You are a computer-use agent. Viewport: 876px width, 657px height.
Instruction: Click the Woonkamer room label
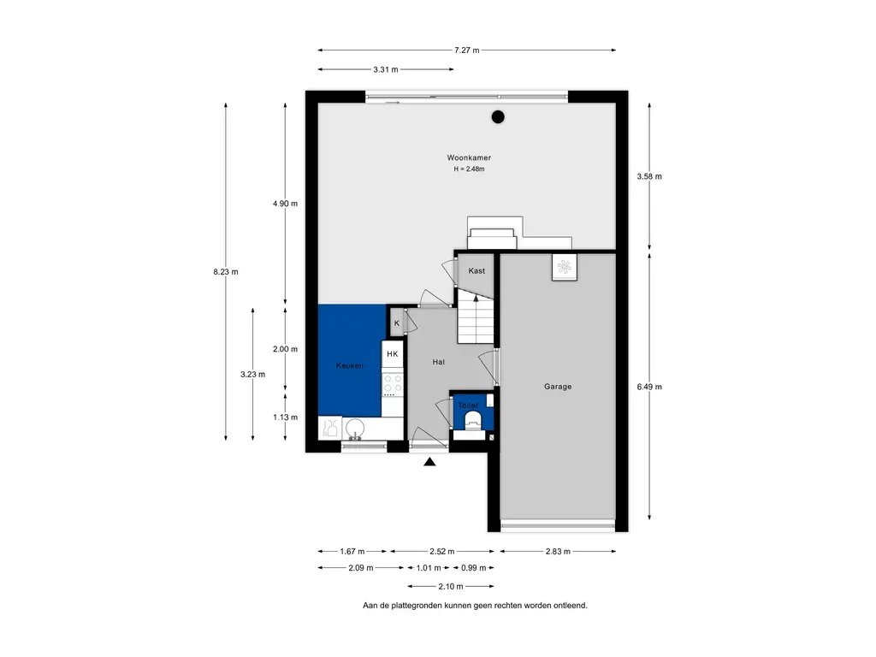tap(469, 158)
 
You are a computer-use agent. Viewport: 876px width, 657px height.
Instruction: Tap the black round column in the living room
tap(498, 116)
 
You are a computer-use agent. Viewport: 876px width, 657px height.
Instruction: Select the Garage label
tap(558, 387)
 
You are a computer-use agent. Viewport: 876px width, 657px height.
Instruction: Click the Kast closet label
tap(476, 271)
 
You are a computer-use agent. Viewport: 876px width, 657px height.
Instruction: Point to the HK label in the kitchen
tap(392, 353)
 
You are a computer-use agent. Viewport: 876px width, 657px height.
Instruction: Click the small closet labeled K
tap(397, 323)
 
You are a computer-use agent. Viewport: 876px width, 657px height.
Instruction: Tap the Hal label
tap(439, 362)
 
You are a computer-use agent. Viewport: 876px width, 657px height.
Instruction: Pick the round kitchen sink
tap(355, 429)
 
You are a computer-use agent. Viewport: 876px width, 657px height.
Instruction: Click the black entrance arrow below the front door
tap(429, 461)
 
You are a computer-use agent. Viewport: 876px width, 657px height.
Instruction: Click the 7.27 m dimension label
tap(466, 50)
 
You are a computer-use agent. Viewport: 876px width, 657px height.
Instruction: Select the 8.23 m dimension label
tap(226, 272)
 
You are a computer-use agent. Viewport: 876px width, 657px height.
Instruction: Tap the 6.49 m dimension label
tap(649, 387)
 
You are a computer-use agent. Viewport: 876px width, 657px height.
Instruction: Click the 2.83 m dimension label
tap(558, 552)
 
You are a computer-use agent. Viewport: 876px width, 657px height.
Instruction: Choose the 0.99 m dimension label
tap(473, 568)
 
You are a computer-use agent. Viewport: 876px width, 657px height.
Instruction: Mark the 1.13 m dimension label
tap(285, 417)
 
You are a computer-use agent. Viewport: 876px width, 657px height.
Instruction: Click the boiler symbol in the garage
tap(565, 267)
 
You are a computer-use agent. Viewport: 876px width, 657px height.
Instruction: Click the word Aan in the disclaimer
tap(370, 605)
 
